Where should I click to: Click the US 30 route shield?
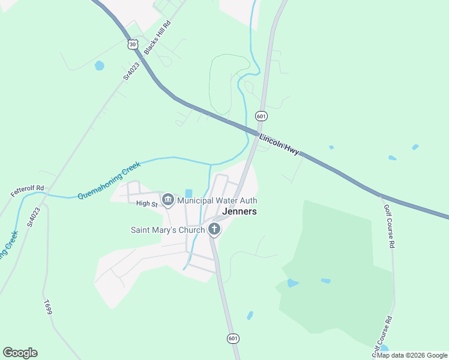pos(133,44)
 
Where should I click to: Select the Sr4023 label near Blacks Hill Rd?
pos(131,71)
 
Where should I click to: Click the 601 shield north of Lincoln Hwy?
pos(261,115)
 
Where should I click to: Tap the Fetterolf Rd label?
pos(28,192)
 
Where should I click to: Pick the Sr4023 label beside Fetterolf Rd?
pos(34,217)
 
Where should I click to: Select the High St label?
pos(146,204)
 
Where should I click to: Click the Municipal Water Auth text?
pos(217,200)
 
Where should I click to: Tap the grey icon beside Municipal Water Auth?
pos(168,199)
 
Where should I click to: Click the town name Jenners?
pos(240,212)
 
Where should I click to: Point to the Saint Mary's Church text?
pos(168,230)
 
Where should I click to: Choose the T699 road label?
pos(48,308)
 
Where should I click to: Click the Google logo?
pos(20,353)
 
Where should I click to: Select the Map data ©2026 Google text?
pos(412,355)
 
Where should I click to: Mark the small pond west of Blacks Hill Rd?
pos(99,65)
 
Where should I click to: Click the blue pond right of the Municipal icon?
pos(189,193)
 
